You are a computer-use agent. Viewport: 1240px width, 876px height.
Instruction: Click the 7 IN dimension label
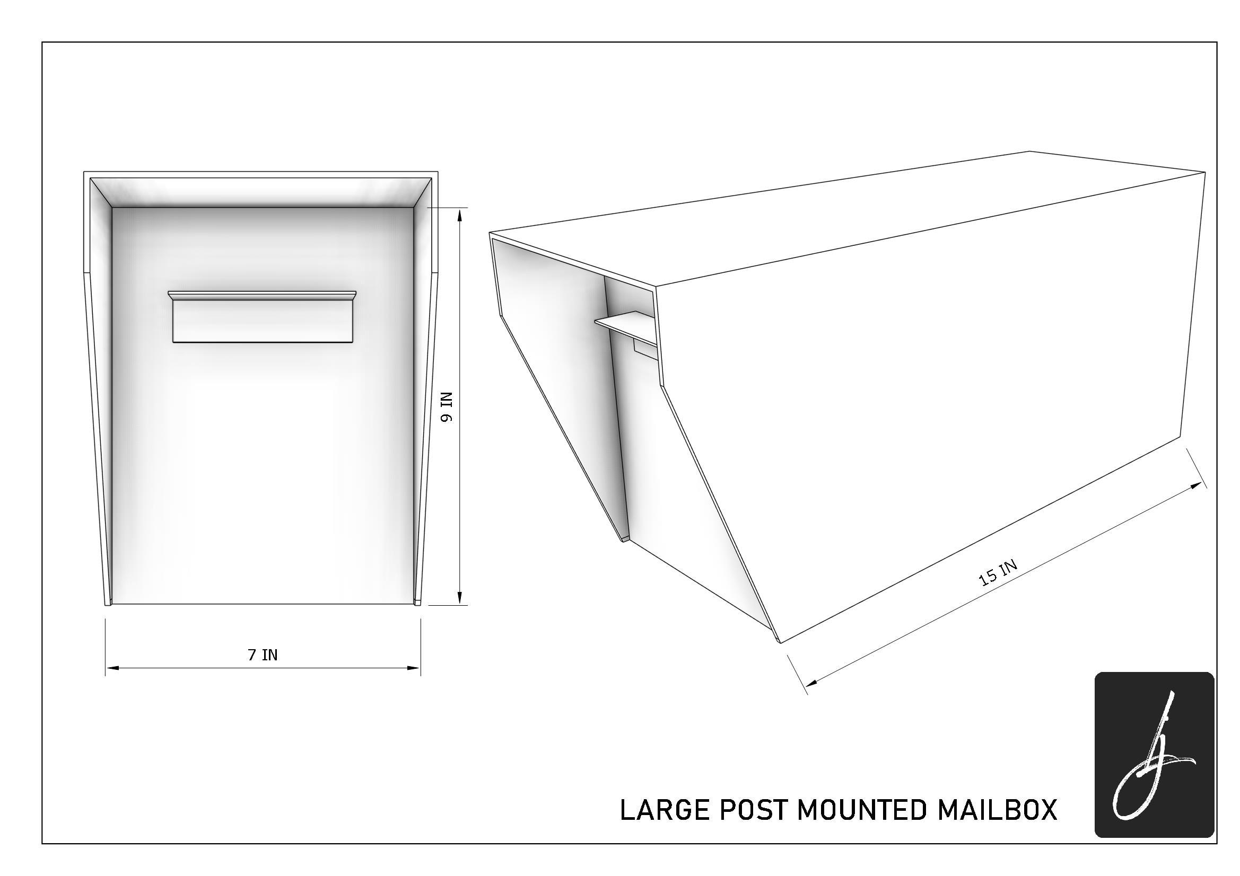263,654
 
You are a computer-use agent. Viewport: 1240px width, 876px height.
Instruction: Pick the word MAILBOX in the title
997,811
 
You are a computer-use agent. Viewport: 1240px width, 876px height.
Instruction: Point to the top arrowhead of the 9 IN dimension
460,215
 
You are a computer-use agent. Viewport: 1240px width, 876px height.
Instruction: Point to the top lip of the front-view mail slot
262,295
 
